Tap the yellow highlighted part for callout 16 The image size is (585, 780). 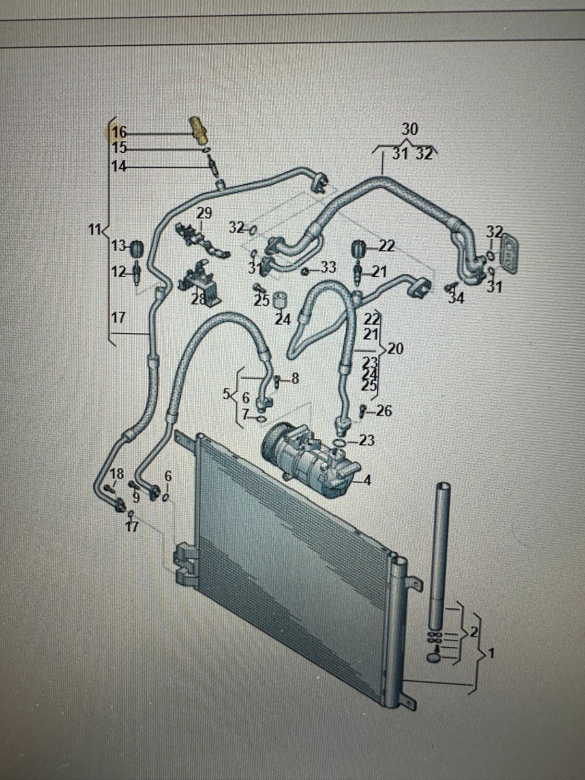[x=198, y=129]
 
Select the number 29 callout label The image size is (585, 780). [x=205, y=213]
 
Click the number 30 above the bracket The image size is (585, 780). [x=410, y=129]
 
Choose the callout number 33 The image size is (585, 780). [x=329, y=267]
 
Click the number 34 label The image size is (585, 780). [x=456, y=297]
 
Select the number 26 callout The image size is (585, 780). [x=384, y=411]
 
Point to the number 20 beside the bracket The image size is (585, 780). [x=395, y=349]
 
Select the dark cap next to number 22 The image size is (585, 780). [x=359, y=248]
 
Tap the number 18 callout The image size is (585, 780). [x=117, y=473]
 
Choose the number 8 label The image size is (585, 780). [x=294, y=378]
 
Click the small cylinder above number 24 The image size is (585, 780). [x=280, y=299]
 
